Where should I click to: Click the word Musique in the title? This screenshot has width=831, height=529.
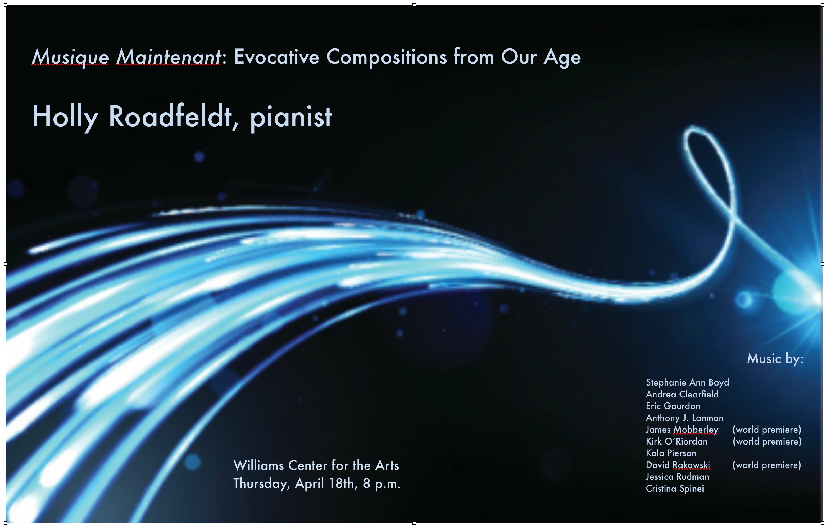point(70,57)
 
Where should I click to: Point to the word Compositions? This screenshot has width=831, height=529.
point(386,57)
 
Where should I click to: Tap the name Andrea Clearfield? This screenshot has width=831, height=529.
point(682,394)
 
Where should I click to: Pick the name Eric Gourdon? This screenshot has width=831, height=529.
point(673,406)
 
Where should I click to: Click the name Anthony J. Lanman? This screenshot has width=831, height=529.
point(685,418)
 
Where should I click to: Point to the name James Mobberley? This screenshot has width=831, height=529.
point(682,430)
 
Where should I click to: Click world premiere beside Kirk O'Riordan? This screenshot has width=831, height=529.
point(767,442)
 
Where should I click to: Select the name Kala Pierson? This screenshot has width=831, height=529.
point(671,453)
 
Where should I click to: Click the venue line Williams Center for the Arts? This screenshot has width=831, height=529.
point(316,466)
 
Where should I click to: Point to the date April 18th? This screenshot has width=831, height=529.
point(325,484)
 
